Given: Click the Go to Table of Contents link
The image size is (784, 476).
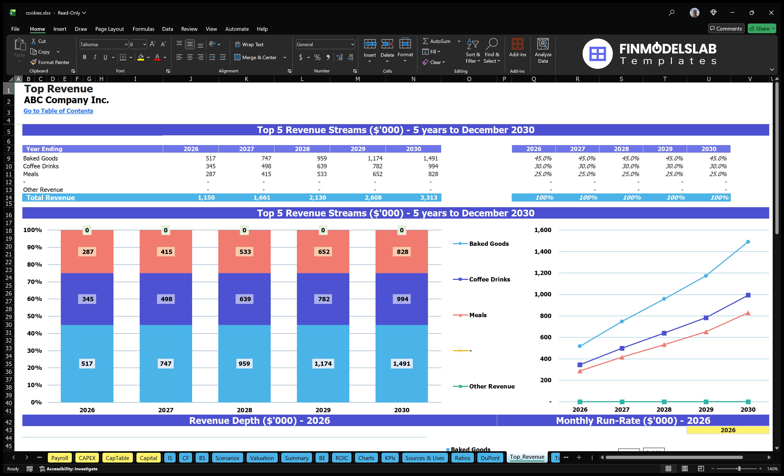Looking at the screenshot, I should point(58,111).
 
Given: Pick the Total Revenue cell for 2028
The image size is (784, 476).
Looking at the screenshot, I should point(317,197).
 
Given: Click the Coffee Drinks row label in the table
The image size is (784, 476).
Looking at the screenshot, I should point(41,166).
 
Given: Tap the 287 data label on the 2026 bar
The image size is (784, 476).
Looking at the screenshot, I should point(88,252).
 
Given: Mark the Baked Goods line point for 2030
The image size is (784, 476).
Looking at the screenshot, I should point(748,242).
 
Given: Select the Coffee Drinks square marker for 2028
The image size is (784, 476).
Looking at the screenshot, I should point(664,333).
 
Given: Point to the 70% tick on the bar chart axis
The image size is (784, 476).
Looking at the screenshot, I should point(34,281).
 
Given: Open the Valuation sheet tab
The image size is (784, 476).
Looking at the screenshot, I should point(262,458).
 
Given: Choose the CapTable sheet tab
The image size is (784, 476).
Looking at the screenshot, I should point(118,458).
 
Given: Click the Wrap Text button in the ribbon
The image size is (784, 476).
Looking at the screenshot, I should point(249,45).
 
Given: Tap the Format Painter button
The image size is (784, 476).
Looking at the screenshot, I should point(50,62).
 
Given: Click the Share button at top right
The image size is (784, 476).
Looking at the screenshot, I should point(761,29).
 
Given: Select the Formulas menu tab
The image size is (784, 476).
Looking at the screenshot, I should point(143,29).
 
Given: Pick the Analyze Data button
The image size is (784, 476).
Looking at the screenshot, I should point(543,51).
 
